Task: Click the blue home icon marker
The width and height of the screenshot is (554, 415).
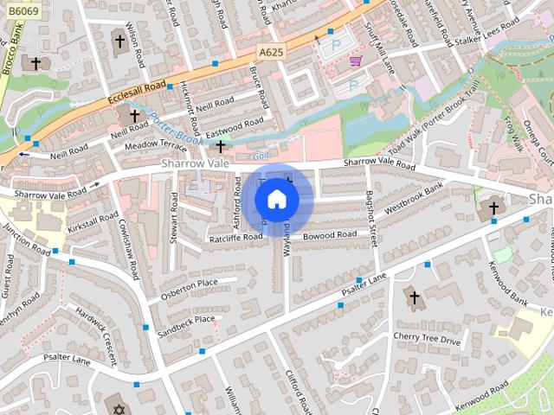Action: [x=276, y=200]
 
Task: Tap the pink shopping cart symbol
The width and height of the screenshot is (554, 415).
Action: [x=356, y=61]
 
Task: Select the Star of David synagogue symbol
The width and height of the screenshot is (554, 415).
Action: [x=119, y=406]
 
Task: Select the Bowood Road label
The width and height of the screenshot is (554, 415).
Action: [x=329, y=234]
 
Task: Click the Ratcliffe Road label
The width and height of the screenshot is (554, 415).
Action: [x=235, y=236]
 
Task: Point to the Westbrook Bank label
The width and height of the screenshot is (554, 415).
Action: [x=414, y=198]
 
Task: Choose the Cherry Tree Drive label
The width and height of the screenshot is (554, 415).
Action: [x=427, y=341]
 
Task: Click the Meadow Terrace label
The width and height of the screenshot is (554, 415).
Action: [x=156, y=145]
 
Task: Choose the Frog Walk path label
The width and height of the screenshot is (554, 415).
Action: [x=513, y=136]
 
